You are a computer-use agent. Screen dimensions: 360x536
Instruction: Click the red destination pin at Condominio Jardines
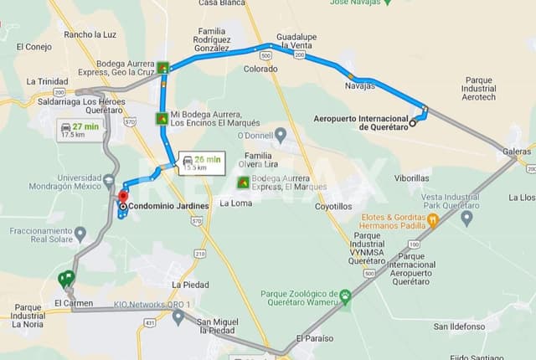123,197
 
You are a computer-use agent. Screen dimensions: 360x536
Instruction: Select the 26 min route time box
201,162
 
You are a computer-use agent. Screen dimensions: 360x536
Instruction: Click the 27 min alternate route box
80,129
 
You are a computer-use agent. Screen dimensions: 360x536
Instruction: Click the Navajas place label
360,85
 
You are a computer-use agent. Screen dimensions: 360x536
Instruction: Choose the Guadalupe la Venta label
296,42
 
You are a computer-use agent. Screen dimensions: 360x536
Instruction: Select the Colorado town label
260,69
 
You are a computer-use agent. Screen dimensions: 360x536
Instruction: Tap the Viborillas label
412,178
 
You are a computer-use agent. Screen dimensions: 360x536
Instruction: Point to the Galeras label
517,152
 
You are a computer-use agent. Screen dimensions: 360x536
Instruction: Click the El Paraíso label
314,338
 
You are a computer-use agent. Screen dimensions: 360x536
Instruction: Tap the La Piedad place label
190,285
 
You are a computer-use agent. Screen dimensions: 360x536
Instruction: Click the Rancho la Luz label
90,34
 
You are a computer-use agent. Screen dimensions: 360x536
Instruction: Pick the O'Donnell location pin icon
280,135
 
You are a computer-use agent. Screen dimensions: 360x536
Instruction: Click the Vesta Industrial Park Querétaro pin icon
466,219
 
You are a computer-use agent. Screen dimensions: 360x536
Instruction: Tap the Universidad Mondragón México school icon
110,179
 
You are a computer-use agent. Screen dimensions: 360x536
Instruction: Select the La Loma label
235,203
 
